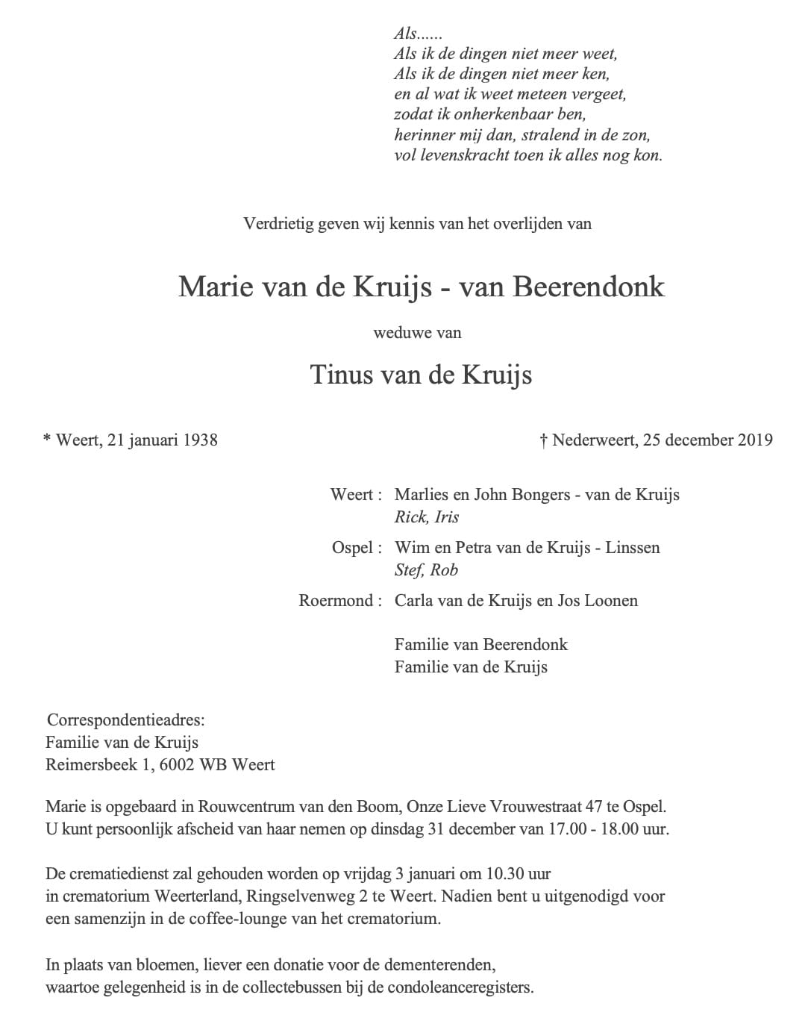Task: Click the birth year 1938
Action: pyautogui.click(x=199, y=440)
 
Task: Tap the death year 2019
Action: pyautogui.click(x=755, y=440)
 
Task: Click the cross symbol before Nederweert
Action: pyautogui.click(x=544, y=440)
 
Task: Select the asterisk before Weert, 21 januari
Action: pyautogui.click(x=47, y=439)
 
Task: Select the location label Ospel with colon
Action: pyautogui.click(x=357, y=547)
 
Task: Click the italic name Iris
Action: pyautogui.click(x=447, y=516)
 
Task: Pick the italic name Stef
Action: pyautogui.click(x=409, y=569)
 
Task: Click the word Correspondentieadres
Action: pyautogui.click(x=125, y=720)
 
